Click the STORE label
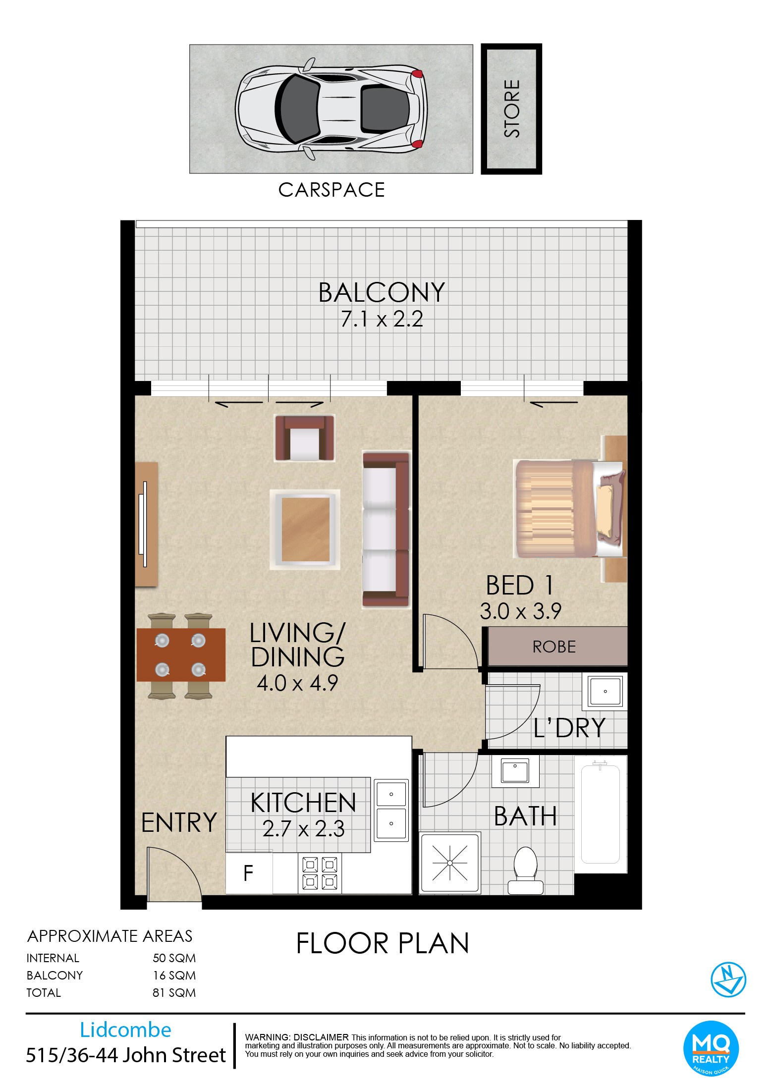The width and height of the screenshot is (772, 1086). click(512, 109)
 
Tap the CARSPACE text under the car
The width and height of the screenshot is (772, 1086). click(331, 190)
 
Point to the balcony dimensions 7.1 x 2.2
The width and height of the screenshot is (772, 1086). click(382, 319)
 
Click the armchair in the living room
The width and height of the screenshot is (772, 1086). click(305, 438)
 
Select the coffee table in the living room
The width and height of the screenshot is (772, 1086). click(305, 529)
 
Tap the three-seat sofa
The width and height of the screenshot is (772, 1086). click(386, 529)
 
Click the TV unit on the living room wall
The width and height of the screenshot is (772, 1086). click(147, 524)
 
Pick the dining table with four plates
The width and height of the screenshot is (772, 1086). click(181, 655)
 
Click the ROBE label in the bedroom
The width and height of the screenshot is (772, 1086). click(554, 647)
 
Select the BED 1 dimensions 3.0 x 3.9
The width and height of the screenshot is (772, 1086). click(520, 611)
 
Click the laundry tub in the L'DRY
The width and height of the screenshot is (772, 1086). click(605, 691)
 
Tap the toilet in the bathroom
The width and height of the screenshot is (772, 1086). click(526, 870)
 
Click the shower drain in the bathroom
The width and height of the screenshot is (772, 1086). click(450, 863)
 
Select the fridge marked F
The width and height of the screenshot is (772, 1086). click(249, 873)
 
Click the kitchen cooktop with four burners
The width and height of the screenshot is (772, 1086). click(320, 873)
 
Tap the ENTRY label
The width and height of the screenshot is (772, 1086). click(179, 822)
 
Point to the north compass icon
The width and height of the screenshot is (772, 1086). click(728, 979)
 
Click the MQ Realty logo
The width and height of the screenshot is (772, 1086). click(711, 1049)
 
